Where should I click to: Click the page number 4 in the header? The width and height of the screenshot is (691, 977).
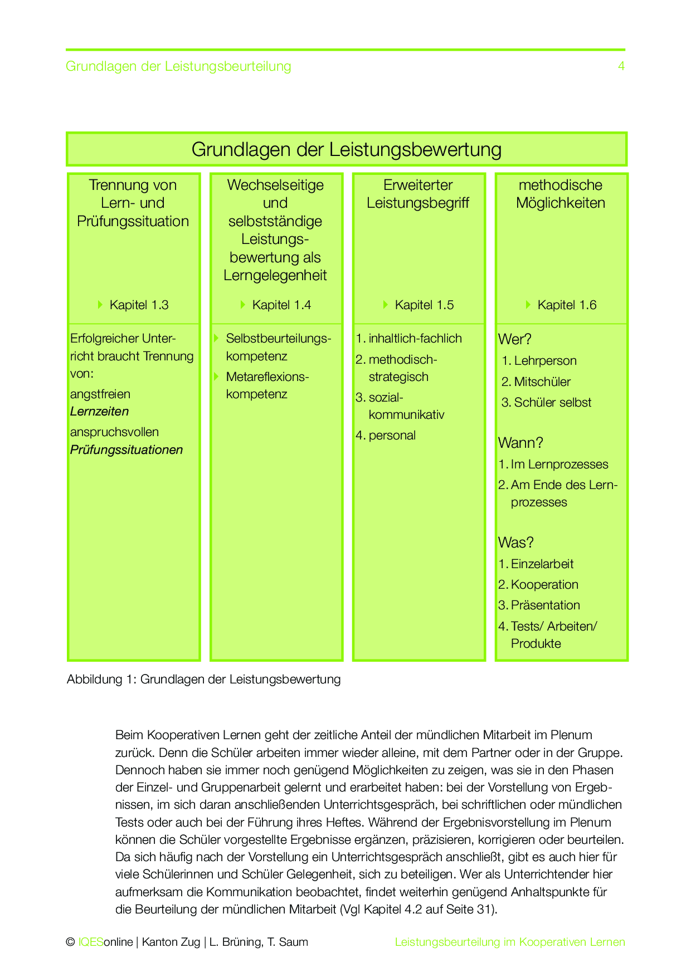621,66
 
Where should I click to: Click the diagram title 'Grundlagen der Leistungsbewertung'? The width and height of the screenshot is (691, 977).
346,149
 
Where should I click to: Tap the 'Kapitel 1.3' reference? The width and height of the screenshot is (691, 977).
139,305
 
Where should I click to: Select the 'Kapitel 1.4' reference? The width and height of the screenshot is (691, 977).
281,305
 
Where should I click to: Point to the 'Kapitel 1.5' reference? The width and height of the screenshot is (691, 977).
424,305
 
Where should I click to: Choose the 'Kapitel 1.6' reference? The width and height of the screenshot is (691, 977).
567,305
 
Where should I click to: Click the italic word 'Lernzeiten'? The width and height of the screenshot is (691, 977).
99,412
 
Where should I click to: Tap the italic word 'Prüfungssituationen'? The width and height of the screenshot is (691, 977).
126,450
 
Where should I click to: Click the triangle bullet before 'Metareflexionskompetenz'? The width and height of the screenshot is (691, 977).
216,377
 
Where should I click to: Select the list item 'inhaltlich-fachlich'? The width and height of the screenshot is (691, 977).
415,338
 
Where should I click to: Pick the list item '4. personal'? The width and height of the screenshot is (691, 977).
386,435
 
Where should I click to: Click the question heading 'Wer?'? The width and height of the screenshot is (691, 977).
515,339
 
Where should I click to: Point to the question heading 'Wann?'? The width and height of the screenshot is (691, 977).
520,443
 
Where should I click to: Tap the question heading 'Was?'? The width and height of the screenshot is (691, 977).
516,543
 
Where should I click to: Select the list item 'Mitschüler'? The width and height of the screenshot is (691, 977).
542,382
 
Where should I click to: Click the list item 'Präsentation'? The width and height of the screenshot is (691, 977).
545,605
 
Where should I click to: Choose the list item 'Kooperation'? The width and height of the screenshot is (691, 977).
544,584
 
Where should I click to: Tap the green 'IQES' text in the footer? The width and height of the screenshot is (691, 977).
90,942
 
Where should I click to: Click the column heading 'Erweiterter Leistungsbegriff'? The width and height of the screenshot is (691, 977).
418,194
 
